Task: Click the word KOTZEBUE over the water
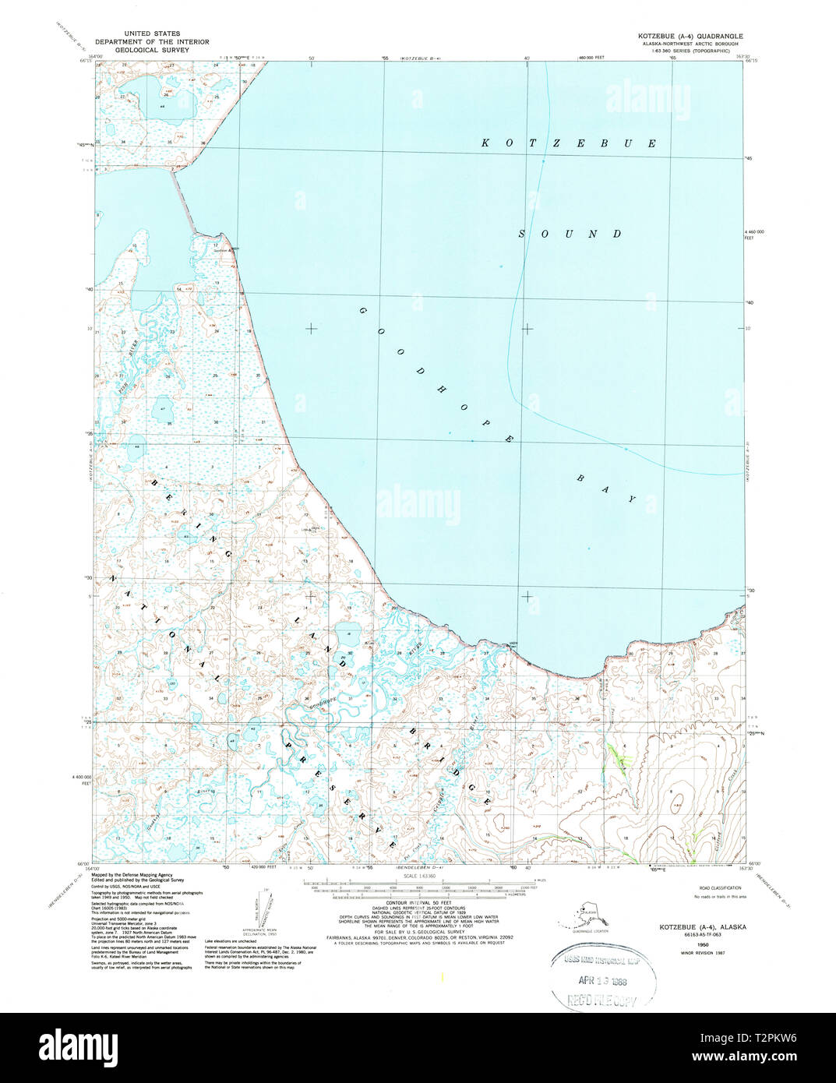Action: coord(569,143)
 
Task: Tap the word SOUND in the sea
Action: coord(570,234)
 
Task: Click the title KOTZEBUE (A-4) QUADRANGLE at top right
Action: coord(690,37)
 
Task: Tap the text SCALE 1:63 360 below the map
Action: coord(419,876)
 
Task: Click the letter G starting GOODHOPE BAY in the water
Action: coord(362,311)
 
